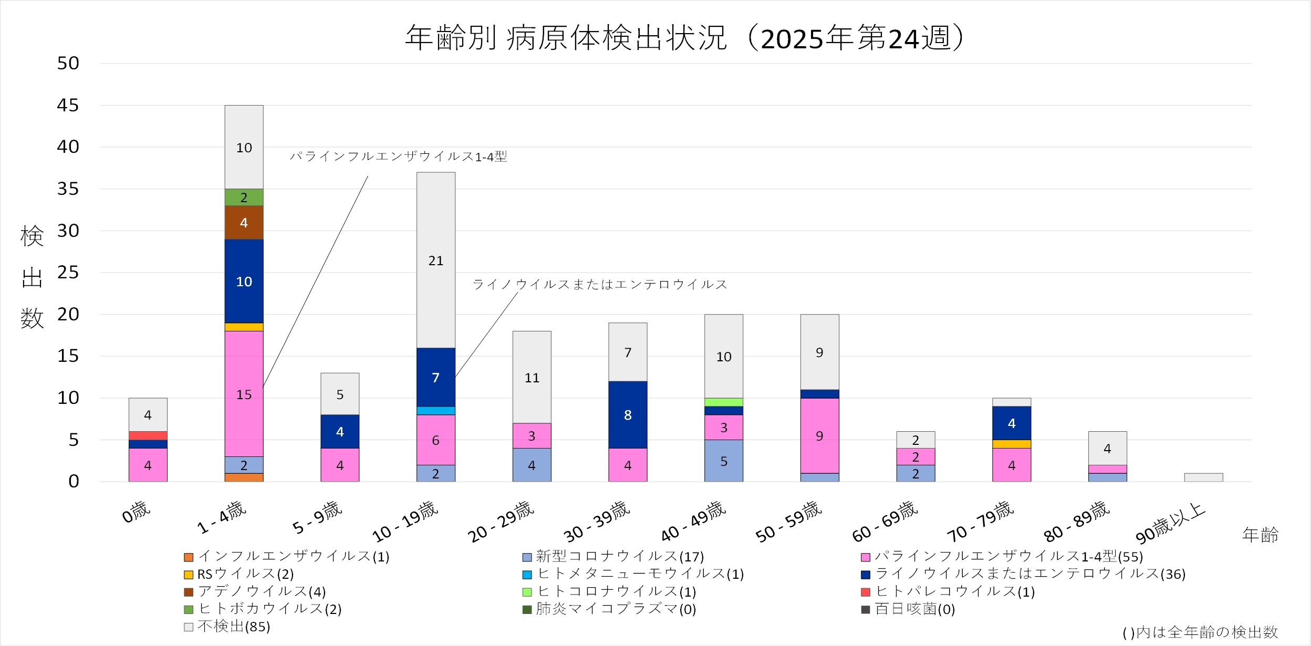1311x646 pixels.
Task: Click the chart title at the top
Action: pos(684,38)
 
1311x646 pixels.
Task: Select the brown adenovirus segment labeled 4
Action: pos(244,223)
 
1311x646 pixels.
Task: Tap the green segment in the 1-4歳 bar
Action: pos(244,197)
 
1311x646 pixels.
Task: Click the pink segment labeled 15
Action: pos(244,394)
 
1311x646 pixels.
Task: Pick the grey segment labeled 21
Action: pos(435,261)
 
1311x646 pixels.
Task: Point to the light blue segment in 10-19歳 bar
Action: pos(435,411)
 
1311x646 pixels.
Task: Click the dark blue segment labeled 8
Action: pos(628,415)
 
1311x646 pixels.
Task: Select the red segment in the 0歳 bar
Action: pos(148,435)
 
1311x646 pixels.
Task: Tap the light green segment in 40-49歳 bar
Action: pos(723,402)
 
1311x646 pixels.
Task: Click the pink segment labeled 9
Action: pos(819,436)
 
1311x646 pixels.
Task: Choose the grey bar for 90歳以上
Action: pos(1203,477)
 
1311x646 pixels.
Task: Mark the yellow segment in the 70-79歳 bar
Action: pos(1011,444)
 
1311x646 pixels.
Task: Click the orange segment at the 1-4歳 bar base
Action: pos(244,477)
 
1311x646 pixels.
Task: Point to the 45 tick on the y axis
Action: pos(68,106)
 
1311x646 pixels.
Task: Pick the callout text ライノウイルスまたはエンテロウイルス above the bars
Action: pos(600,285)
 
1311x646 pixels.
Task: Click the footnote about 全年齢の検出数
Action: pos(1200,632)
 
